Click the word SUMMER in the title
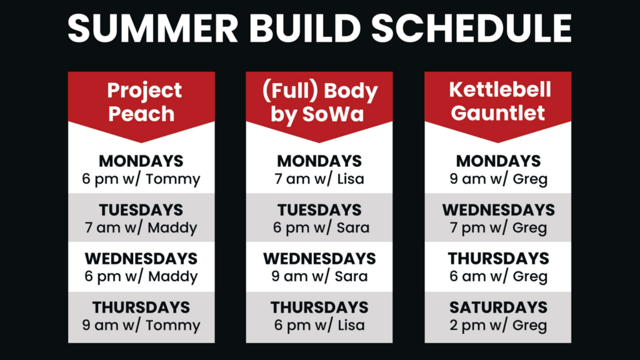153,28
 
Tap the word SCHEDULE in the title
471,28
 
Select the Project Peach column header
142,102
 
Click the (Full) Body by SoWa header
319,102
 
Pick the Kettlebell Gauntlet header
499,101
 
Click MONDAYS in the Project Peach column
141,161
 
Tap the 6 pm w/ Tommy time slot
141,179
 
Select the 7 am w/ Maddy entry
141,227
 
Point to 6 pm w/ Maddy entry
141,276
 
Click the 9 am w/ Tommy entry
141,325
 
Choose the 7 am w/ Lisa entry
319,179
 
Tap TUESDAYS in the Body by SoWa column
319,210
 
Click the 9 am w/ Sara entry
319,276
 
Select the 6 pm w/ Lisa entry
319,325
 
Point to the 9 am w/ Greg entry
498,179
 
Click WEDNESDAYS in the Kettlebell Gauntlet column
498,210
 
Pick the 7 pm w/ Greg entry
498,227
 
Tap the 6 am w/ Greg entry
498,276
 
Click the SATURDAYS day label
498,307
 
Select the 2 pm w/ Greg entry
498,325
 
